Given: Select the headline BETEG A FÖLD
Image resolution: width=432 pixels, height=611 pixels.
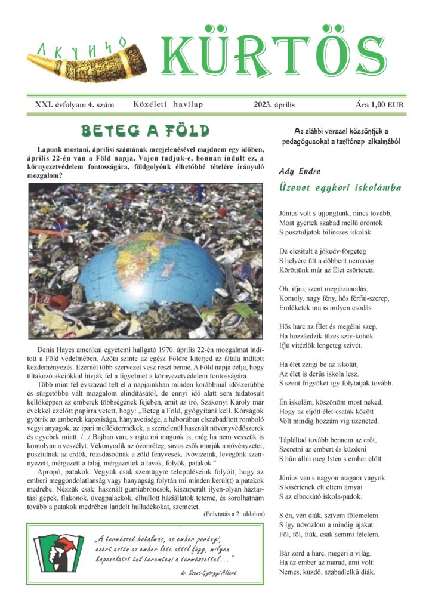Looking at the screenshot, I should [x=145, y=131].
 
